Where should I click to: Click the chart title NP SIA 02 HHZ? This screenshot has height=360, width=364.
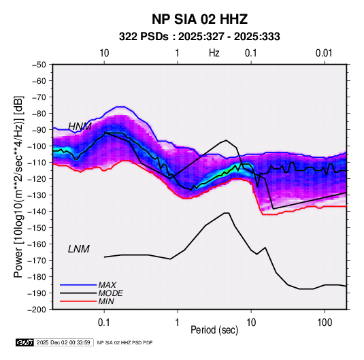(199, 19)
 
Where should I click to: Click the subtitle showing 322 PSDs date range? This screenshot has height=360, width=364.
(199, 37)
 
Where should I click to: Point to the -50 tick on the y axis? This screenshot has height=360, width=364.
(39, 65)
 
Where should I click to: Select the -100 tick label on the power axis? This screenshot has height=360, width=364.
(37, 146)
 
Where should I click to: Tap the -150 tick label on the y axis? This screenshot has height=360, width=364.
(37, 227)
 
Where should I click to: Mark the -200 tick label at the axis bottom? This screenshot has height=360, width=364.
(37, 310)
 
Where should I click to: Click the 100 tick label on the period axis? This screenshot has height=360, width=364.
(325, 323)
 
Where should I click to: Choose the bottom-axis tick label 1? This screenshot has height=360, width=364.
(178, 323)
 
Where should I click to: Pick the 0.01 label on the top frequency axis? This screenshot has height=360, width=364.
(324, 53)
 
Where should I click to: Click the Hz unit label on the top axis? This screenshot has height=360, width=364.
(214, 53)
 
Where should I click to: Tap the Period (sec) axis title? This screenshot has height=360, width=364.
(214, 330)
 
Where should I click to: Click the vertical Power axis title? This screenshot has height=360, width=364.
(18, 187)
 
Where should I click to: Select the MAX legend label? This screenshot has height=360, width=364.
(107, 285)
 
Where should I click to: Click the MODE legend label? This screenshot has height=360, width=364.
(110, 293)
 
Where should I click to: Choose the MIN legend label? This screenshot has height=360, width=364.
(106, 301)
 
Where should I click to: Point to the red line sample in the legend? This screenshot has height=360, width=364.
(78, 301)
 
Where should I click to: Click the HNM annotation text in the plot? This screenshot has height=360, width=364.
(80, 127)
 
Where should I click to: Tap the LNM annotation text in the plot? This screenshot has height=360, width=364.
(79, 249)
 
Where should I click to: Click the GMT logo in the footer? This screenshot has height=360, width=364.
(25, 342)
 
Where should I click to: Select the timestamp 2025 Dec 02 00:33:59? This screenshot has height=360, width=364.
(63, 342)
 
